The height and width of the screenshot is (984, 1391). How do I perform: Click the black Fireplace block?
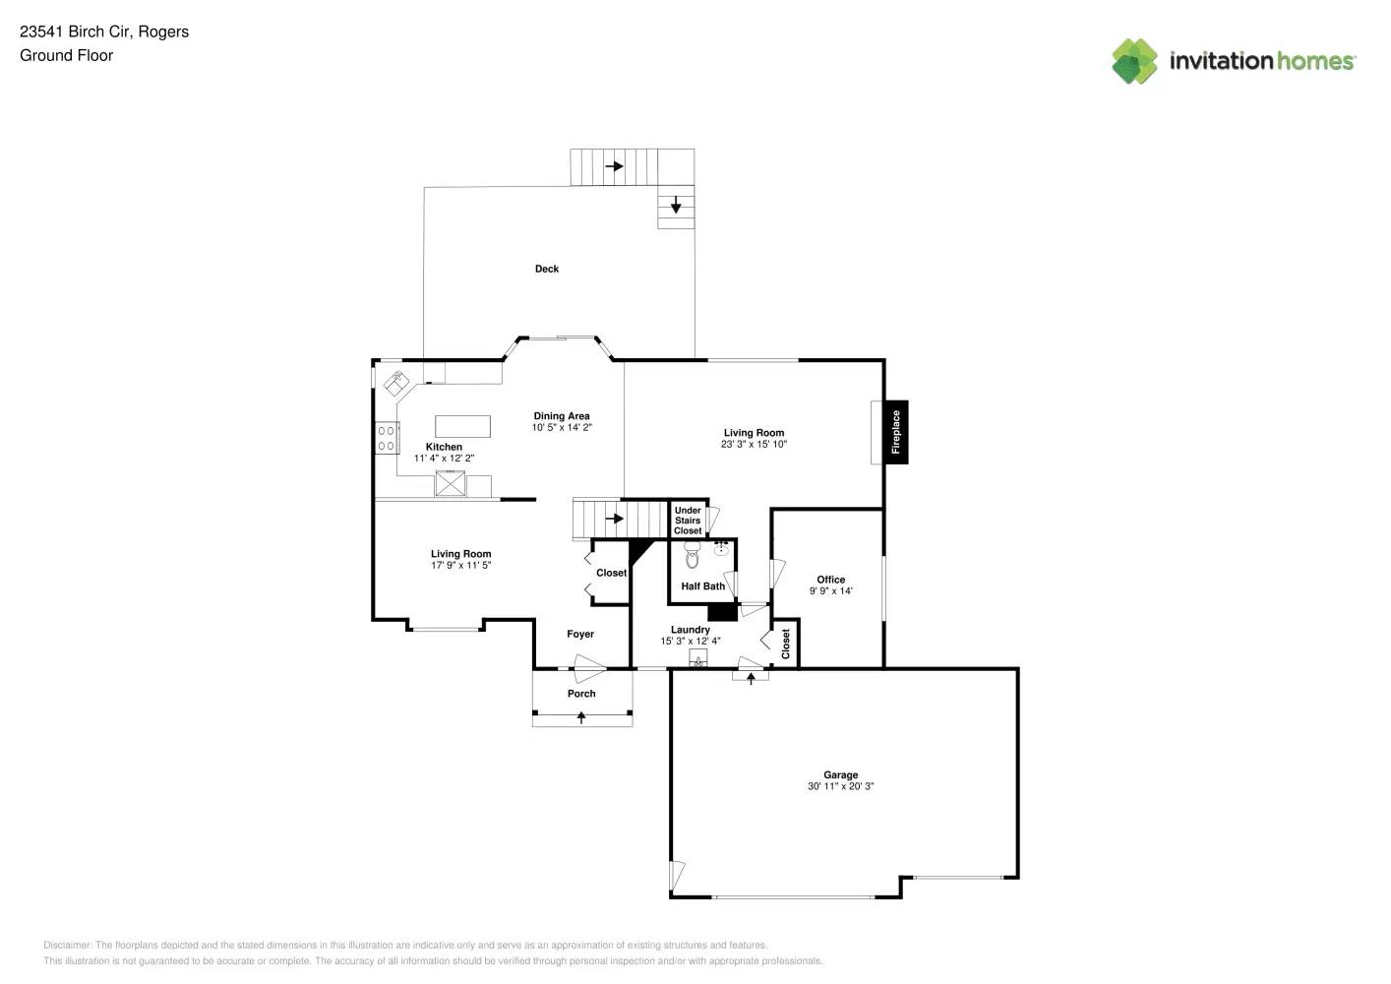[x=895, y=432]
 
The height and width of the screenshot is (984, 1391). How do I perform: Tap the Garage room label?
[x=840, y=774]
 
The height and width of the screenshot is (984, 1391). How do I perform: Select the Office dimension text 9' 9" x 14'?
[x=831, y=590]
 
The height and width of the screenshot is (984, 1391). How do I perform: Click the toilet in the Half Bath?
[x=692, y=554]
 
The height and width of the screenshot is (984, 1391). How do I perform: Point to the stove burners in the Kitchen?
[x=387, y=438]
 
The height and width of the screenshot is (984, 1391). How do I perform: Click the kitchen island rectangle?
[x=462, y=426]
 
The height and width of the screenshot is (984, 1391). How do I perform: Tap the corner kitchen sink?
[x=395, y=383]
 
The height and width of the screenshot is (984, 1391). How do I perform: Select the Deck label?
[x=547, y=269]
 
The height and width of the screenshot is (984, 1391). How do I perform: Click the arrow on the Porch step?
[x=581, y=717]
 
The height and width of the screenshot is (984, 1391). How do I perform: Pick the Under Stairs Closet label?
[x=688, y=521]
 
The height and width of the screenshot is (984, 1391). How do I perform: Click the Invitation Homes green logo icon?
[x=1134, y=61]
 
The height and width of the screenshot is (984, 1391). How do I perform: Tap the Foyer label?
[x=580, y=634]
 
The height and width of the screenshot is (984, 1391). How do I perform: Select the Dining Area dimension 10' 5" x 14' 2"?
[x=562, y=427]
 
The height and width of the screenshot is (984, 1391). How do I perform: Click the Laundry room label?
[x=690, y=630]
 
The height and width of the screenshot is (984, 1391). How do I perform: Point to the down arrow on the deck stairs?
[x=676, y=205]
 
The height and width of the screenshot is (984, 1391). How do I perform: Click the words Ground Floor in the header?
[x=67, y=55]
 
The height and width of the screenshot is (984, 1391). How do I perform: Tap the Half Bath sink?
[x=720, y=548]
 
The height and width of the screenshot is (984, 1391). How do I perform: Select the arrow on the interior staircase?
[x=614, y=519]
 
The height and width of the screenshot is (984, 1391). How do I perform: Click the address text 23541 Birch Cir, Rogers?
[x=104, y=31]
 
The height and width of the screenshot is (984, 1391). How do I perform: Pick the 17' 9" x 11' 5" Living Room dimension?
[x=460, y=565]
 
